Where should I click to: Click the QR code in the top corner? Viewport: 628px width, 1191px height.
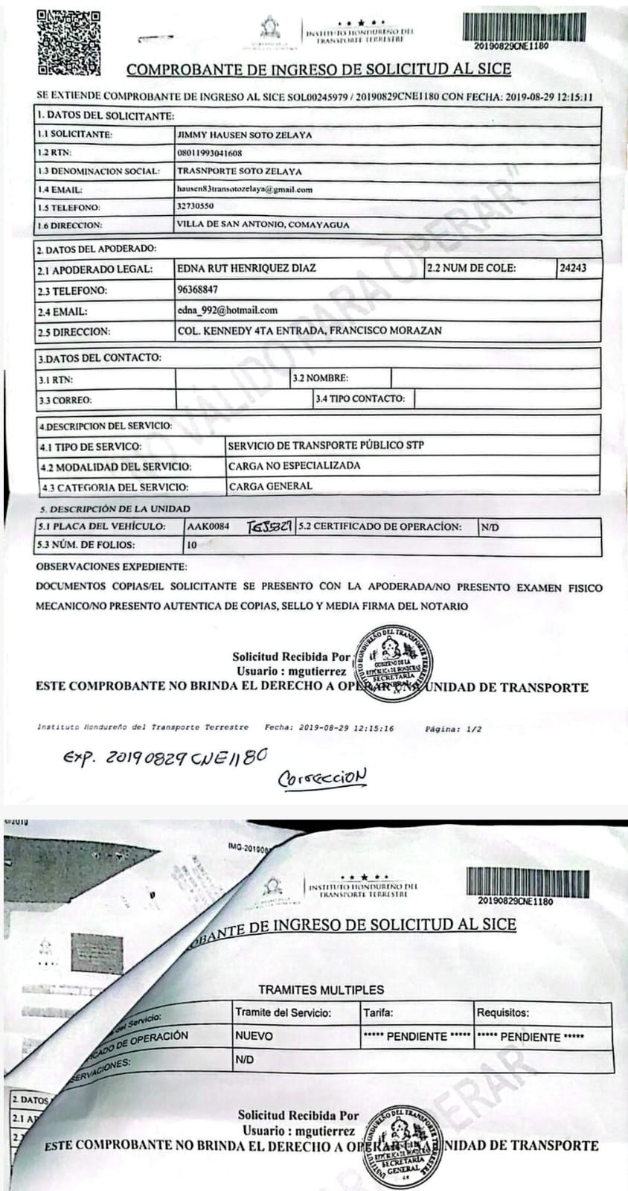point(68,42)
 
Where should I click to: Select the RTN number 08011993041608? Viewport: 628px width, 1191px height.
point(209,153)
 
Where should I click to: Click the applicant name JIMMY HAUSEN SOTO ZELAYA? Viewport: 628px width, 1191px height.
point(244,135)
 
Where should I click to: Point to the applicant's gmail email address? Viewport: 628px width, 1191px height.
point(244,190)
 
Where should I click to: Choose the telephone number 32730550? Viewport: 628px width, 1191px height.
point(195,207)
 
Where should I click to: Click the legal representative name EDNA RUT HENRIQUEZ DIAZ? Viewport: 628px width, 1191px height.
point(246,268)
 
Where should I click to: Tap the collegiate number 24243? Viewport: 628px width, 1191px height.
point(572,268)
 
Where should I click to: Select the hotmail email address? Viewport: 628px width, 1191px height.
point(228,310)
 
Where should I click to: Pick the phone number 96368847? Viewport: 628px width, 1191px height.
point(198,290)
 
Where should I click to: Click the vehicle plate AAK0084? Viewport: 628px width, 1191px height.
point(208,527)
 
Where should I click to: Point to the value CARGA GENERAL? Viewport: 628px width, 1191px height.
point(271,487)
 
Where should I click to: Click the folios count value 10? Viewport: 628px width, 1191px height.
point(192,545)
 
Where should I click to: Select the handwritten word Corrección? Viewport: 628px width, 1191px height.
point(322,778)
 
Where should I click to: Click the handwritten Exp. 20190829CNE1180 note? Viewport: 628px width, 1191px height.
point(164,758)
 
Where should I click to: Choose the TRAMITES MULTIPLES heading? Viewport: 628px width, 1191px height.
point(321,990)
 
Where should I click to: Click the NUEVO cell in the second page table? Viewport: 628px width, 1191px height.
point(254,1035)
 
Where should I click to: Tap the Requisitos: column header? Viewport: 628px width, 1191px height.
point(503,1012)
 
